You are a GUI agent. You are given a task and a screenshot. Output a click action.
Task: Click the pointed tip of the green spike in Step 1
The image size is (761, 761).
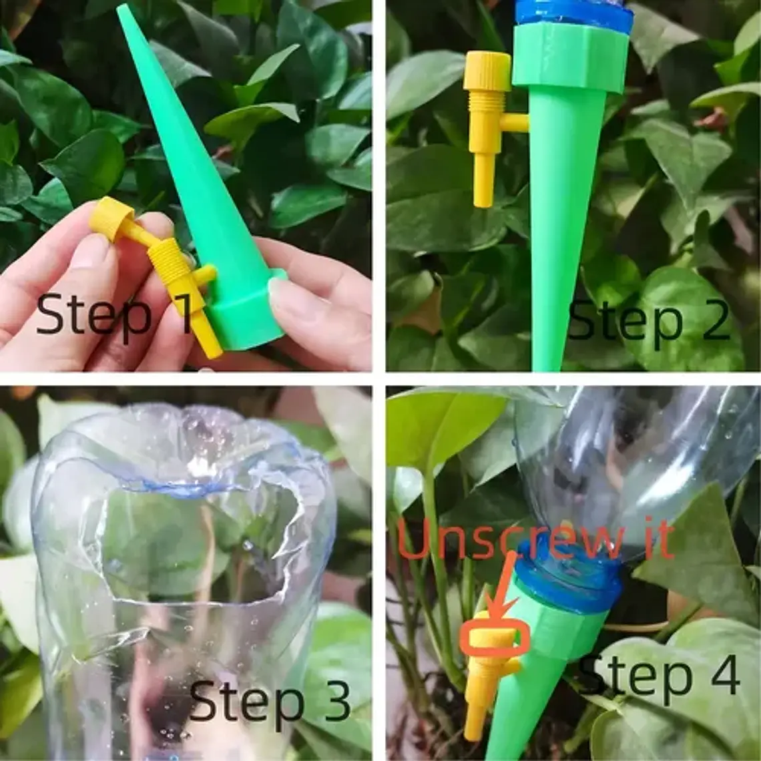pos(121,7)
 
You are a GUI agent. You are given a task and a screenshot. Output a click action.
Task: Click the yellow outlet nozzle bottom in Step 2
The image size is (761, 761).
pos(484,180)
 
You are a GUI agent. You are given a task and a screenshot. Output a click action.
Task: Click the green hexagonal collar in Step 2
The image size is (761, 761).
pos(570,57)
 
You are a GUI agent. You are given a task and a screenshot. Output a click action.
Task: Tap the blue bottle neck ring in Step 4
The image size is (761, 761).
pos(568,577)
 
